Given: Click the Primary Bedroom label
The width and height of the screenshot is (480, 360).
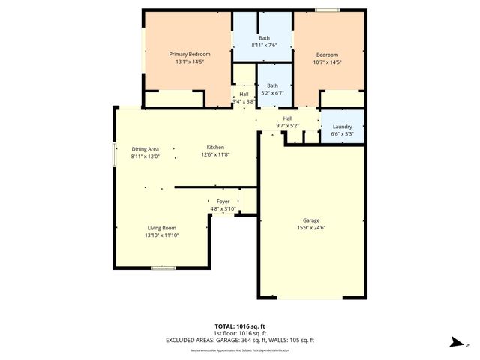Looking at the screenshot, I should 189,54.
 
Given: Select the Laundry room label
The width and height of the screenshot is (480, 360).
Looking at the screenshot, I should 341,127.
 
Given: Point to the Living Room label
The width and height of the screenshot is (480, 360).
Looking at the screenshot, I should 161,228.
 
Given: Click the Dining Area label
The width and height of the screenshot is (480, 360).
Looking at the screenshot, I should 145,149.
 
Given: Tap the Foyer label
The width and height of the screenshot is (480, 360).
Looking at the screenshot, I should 223,202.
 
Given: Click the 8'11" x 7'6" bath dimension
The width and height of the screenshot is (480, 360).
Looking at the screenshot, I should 264,45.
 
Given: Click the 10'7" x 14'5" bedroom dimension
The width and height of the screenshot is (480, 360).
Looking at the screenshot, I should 327,61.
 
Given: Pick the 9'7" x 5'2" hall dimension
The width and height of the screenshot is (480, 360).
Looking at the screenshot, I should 287,125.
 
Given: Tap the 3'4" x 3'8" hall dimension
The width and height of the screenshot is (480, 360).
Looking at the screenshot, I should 244,101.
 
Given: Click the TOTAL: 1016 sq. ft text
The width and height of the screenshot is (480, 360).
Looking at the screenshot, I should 240,326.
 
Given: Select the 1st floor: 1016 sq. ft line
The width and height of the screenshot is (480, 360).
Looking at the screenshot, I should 240,333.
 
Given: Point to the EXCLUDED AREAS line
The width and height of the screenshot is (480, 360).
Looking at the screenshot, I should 240,340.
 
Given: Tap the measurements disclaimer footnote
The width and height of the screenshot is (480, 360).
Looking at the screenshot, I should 240,349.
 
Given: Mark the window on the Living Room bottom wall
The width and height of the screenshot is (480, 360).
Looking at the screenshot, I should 163,268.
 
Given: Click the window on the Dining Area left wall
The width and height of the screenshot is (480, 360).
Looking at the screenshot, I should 115,154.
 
